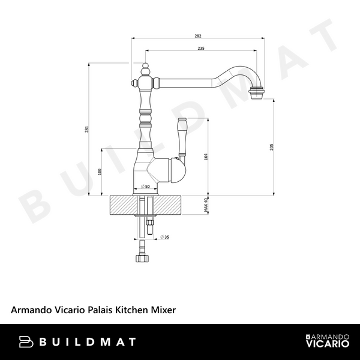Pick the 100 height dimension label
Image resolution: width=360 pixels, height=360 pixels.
[x=100, y=172]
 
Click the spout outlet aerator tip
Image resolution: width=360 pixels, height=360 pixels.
[x=257, y=94]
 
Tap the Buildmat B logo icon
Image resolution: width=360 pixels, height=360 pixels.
[x=25, y=342]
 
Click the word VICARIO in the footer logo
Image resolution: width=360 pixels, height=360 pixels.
[x=328, y=345]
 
